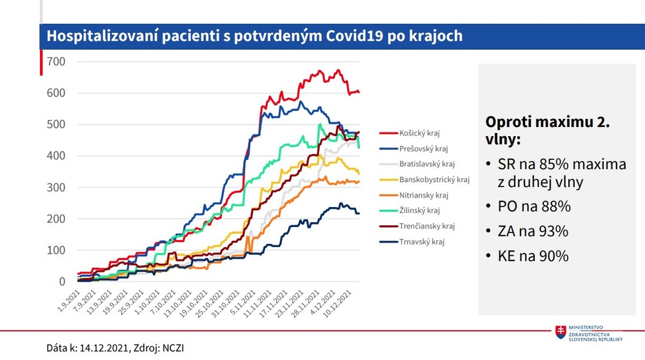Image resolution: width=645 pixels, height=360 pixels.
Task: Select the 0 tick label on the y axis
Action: click(x=62, y=282)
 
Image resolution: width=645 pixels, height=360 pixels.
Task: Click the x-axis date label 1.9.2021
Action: click(x=67, y=301)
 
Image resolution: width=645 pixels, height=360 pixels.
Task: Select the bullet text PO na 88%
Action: click(x=535, y=207)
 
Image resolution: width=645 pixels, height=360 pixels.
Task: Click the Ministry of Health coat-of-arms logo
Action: click(x=562, y=332)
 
